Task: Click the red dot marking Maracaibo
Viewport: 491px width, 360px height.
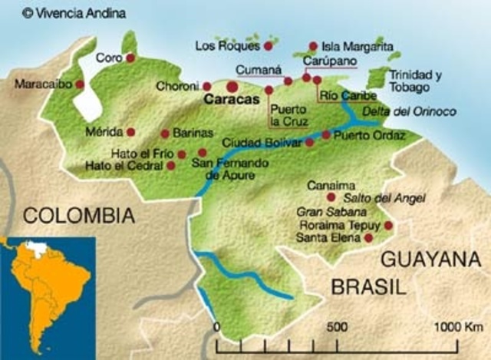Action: (x=80, y=84)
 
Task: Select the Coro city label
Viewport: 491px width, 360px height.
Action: (x=107, y=58)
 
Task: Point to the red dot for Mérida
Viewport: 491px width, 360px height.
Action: (x=131, y=132)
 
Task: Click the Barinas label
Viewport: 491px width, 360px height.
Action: (x=193, y=133)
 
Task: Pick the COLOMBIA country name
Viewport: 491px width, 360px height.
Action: (x=74, y=216)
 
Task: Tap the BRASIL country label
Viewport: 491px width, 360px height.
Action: (x=367, y=287)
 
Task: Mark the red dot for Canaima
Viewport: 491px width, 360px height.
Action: (x=331, y=197)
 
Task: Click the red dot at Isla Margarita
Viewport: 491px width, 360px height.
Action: (x=313, y=46)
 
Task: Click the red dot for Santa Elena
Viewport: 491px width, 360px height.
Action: (x=369, y=238)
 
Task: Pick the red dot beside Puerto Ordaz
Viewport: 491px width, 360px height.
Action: (x=326, y=135)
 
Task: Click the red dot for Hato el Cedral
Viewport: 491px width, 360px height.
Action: (x=170, y=165)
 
